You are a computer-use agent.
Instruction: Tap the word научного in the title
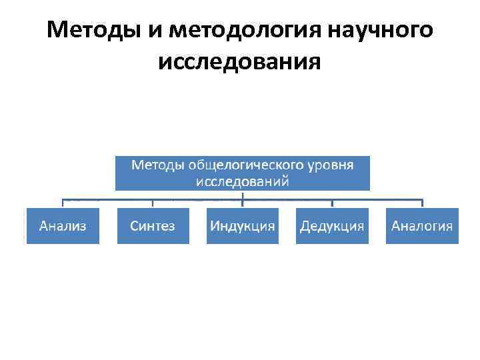click(381, 30)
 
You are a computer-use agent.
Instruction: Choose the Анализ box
click(63, 225)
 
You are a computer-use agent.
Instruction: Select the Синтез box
click(153, 225)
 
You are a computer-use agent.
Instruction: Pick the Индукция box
click(242, 225)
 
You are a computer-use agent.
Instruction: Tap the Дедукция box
click(332, 225)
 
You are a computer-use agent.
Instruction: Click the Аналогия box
click(422, 225)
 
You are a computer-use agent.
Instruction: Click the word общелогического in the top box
click(241, 164)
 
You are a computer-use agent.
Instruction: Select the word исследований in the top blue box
click(242, 180)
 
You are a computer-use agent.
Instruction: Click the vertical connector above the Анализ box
click(63, 203)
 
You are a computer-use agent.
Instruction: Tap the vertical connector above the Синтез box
click(153, 203)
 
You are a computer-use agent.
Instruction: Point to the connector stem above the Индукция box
click(242, 199)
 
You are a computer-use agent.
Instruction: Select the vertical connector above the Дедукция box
click(332, 203)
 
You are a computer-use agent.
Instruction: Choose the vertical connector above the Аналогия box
click(422, 203)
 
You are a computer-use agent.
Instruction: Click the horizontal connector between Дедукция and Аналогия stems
click(377, 199)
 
